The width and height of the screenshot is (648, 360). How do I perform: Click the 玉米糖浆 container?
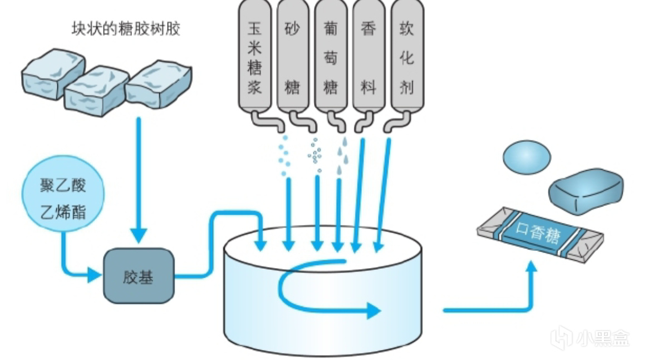click(254, 56)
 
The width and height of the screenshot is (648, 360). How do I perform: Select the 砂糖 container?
click(292, 56)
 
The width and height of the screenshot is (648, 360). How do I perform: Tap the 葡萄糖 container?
click(330, 56)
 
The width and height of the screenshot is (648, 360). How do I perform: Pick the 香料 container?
click(368, 56)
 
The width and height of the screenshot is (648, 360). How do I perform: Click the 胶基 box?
click(138, 276)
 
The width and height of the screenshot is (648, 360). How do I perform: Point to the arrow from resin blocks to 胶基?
click(139, 178)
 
